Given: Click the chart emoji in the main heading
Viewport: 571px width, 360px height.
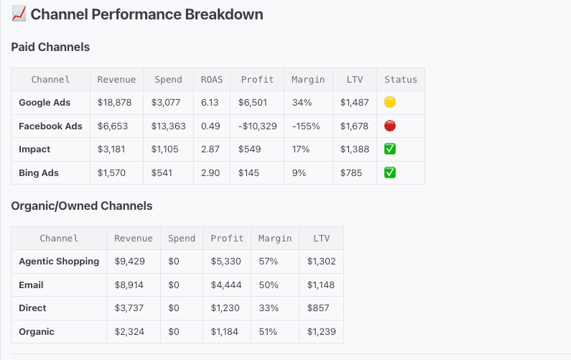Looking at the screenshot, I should [x=19, y=14].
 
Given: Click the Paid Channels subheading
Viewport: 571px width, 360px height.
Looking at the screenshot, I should [x=50, y=47].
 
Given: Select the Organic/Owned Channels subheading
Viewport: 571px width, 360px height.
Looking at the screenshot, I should [x=82, y=206].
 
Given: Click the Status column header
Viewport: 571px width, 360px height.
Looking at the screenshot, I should [x=401, y=80].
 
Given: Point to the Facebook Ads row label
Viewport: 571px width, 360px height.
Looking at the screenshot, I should [x=50, y=126].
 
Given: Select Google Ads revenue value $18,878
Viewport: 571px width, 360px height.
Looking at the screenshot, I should [x=116, y=103].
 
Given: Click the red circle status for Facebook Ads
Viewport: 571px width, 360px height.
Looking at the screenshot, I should [x=391, y=126].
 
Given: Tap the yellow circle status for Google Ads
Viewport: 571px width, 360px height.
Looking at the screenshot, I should [x=391, y=103].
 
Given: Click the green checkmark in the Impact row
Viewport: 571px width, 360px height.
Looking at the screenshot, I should [x=391, y=149].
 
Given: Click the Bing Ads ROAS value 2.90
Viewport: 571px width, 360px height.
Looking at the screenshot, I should [x=210, y=173].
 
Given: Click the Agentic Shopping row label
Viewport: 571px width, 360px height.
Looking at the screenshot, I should [x=59, y=262].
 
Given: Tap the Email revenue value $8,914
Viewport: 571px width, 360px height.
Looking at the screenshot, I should [x=129, y=285].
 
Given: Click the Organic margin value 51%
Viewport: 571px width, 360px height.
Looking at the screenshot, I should [x=268, y=332].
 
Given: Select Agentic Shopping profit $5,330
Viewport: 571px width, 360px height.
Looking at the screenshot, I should [x=226, y=262].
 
